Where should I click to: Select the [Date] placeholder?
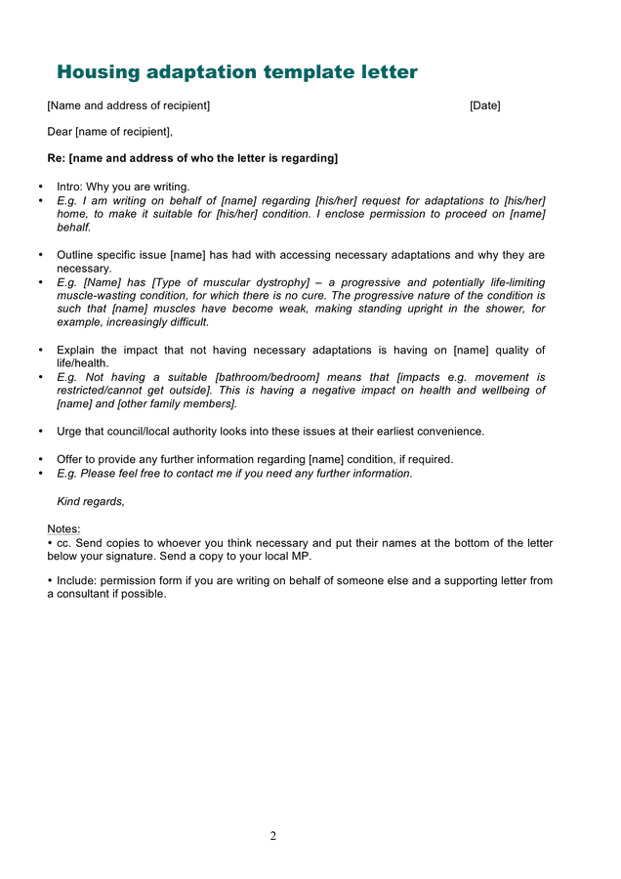tap(484, 105)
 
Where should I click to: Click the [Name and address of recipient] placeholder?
tap(128, 105)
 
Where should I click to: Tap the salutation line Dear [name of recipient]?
tap(110, 132)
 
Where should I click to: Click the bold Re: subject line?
tap(192, 158)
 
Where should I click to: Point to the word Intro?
tap(69, 187)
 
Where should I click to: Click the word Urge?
tap(70, 431)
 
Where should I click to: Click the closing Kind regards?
tap(91, 501)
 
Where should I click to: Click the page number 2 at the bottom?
tap(273, 835)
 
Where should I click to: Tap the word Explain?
tap(76, 350)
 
